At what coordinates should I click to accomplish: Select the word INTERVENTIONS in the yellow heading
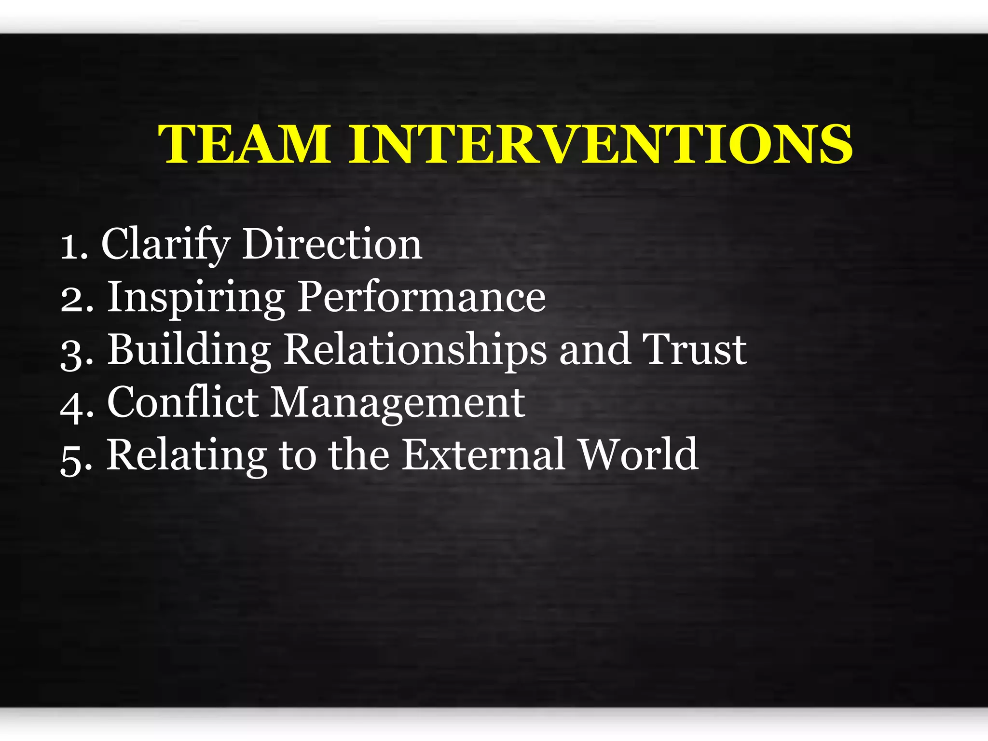[x=601, y=144]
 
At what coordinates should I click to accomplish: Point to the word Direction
[x=332, y=245]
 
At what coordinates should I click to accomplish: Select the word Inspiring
[x=195, y=298]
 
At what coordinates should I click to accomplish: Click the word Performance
[x=421, y=298]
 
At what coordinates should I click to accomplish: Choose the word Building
[x=189, y=350]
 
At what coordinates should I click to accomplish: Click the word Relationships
[x=415, y=350]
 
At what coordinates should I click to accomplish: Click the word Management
[x=398, y=403]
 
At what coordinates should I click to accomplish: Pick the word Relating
[x=187, y=455]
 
